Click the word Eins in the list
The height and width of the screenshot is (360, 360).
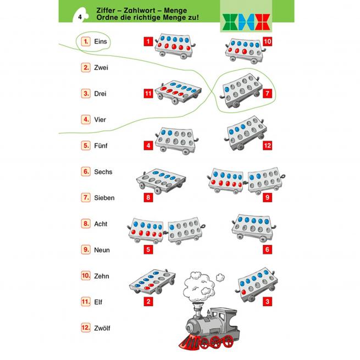(x=101, y=42)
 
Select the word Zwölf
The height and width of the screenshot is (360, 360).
(x=102, y=328)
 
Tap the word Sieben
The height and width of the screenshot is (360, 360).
(x=104, y=198)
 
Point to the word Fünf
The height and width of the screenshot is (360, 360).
(x=101, y=146)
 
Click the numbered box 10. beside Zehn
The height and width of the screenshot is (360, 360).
(x=86, y=276)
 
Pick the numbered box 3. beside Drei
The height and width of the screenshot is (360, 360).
(x=86, y=93)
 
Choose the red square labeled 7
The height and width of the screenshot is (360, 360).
(x=267, y=93)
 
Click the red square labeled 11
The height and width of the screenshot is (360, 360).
(x=148, y=93)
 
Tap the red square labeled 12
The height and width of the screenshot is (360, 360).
(x=267, y=146)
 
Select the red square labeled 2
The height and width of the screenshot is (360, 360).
(x=148, y=302)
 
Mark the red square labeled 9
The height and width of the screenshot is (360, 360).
(x=267, y=197)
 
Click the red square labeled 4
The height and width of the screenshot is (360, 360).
(x=148, y=146)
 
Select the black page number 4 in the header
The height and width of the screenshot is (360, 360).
(x=80, y=17)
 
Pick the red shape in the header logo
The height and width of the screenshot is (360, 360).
(x=262, y=22)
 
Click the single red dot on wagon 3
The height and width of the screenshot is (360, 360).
(x=243, y=292)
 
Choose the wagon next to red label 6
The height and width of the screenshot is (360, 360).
(x=254, y=228)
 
